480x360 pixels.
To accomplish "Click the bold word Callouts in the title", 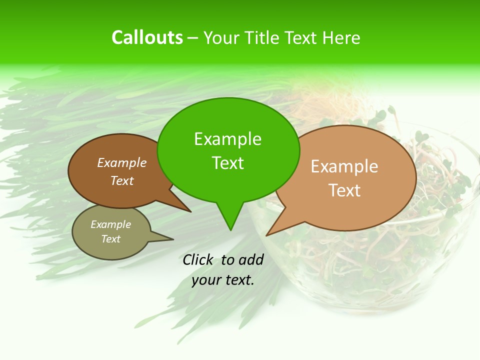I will tap(147, 37).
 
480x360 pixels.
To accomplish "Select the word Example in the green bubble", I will tap(227, 139).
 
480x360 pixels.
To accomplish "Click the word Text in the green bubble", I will tap(227, 163).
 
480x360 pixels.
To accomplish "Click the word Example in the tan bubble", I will tap(344, 166).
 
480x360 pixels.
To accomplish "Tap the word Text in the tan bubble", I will tap(344, 190).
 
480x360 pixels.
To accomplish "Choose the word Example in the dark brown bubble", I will tap(122, 163).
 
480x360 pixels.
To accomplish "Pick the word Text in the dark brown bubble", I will tap(122, 180).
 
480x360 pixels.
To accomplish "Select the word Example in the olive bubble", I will tap(111, 224).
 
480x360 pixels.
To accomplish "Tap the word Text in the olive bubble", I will tap(111, 239).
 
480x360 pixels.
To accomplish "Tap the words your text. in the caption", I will tap(223, 280).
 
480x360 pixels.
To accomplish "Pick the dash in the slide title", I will tap(193, 38).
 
